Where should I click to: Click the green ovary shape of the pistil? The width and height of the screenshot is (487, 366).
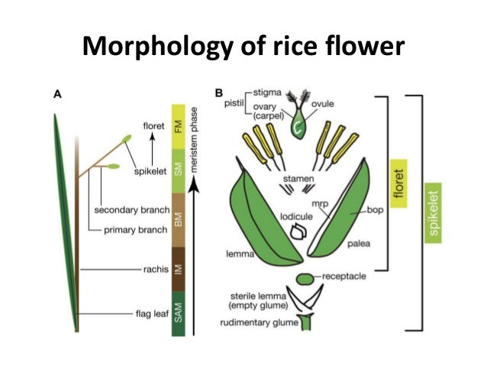[x=294, y=122]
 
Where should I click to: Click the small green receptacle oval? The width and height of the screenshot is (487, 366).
[x=306, y=277]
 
